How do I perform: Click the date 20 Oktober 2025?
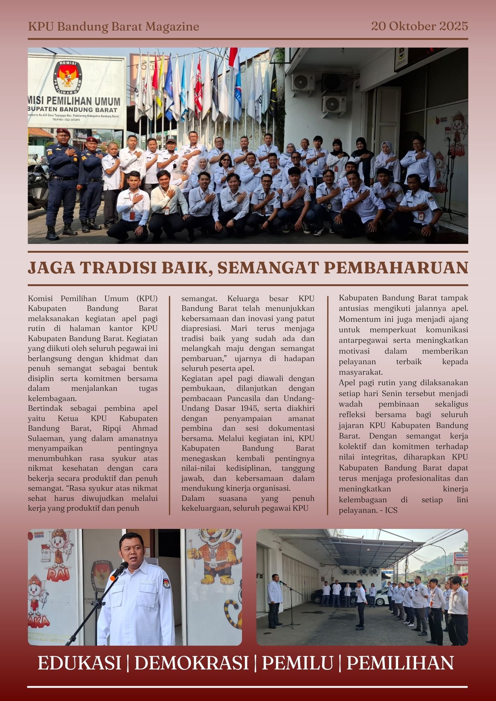pos(420,26)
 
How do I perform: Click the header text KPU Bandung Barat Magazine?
pos(113,27)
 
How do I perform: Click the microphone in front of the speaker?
pos(119,571)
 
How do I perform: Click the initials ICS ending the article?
pos(391,510)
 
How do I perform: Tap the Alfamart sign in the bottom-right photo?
pos(461,556)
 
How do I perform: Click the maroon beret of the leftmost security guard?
pos(63,131)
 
